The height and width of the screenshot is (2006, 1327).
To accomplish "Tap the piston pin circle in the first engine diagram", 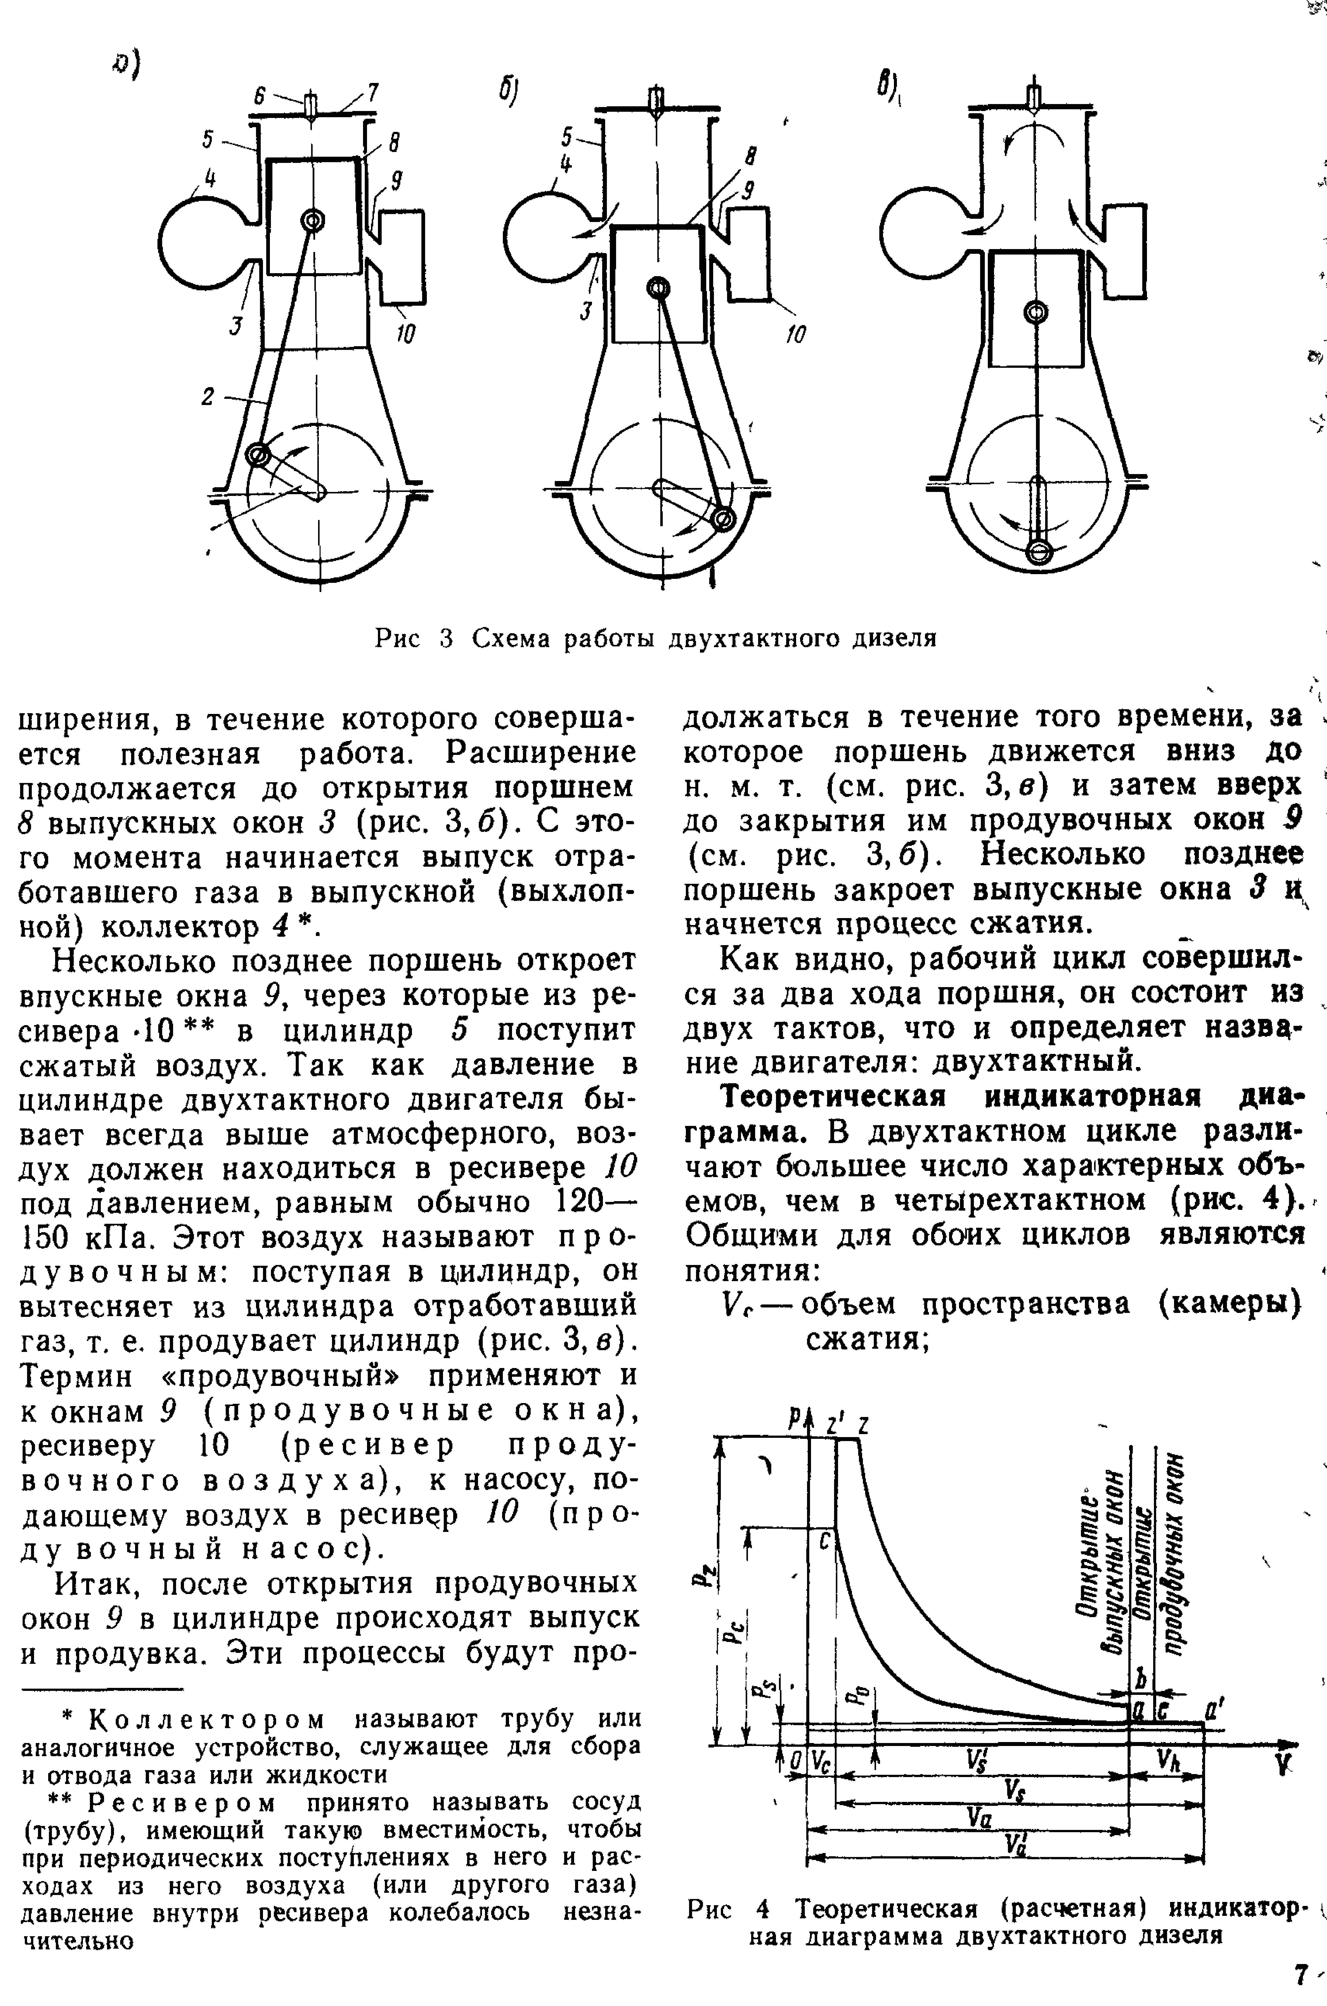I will (312, 221).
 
